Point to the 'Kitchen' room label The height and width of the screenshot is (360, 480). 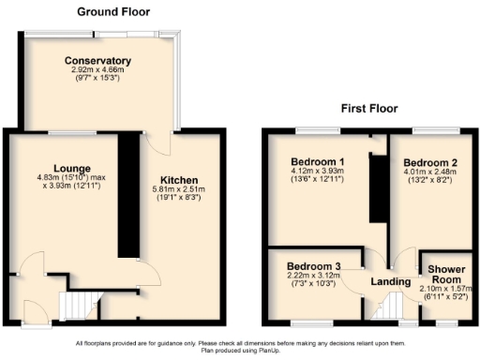(178, 179)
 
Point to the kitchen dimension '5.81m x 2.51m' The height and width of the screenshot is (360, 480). (178, 189)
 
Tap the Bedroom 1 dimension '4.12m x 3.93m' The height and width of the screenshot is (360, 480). (316, 172)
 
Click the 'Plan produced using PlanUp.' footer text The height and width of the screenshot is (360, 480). (241, 352)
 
